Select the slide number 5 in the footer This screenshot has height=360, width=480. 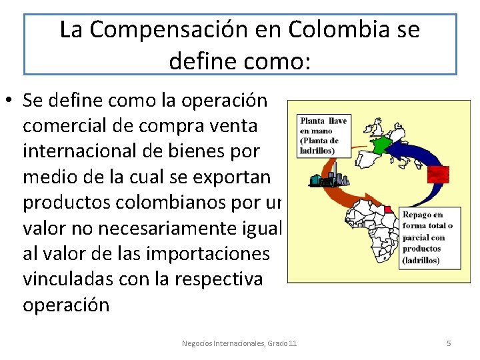tap(449, 343)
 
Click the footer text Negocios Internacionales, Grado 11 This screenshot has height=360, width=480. tap(239, 343)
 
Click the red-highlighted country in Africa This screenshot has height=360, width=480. tap(387, 209)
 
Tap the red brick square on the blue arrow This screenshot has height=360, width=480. tap(439, 173)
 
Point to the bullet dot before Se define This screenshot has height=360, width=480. tap(11, 101)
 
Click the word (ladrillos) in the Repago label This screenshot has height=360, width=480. tap(421, 259)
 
